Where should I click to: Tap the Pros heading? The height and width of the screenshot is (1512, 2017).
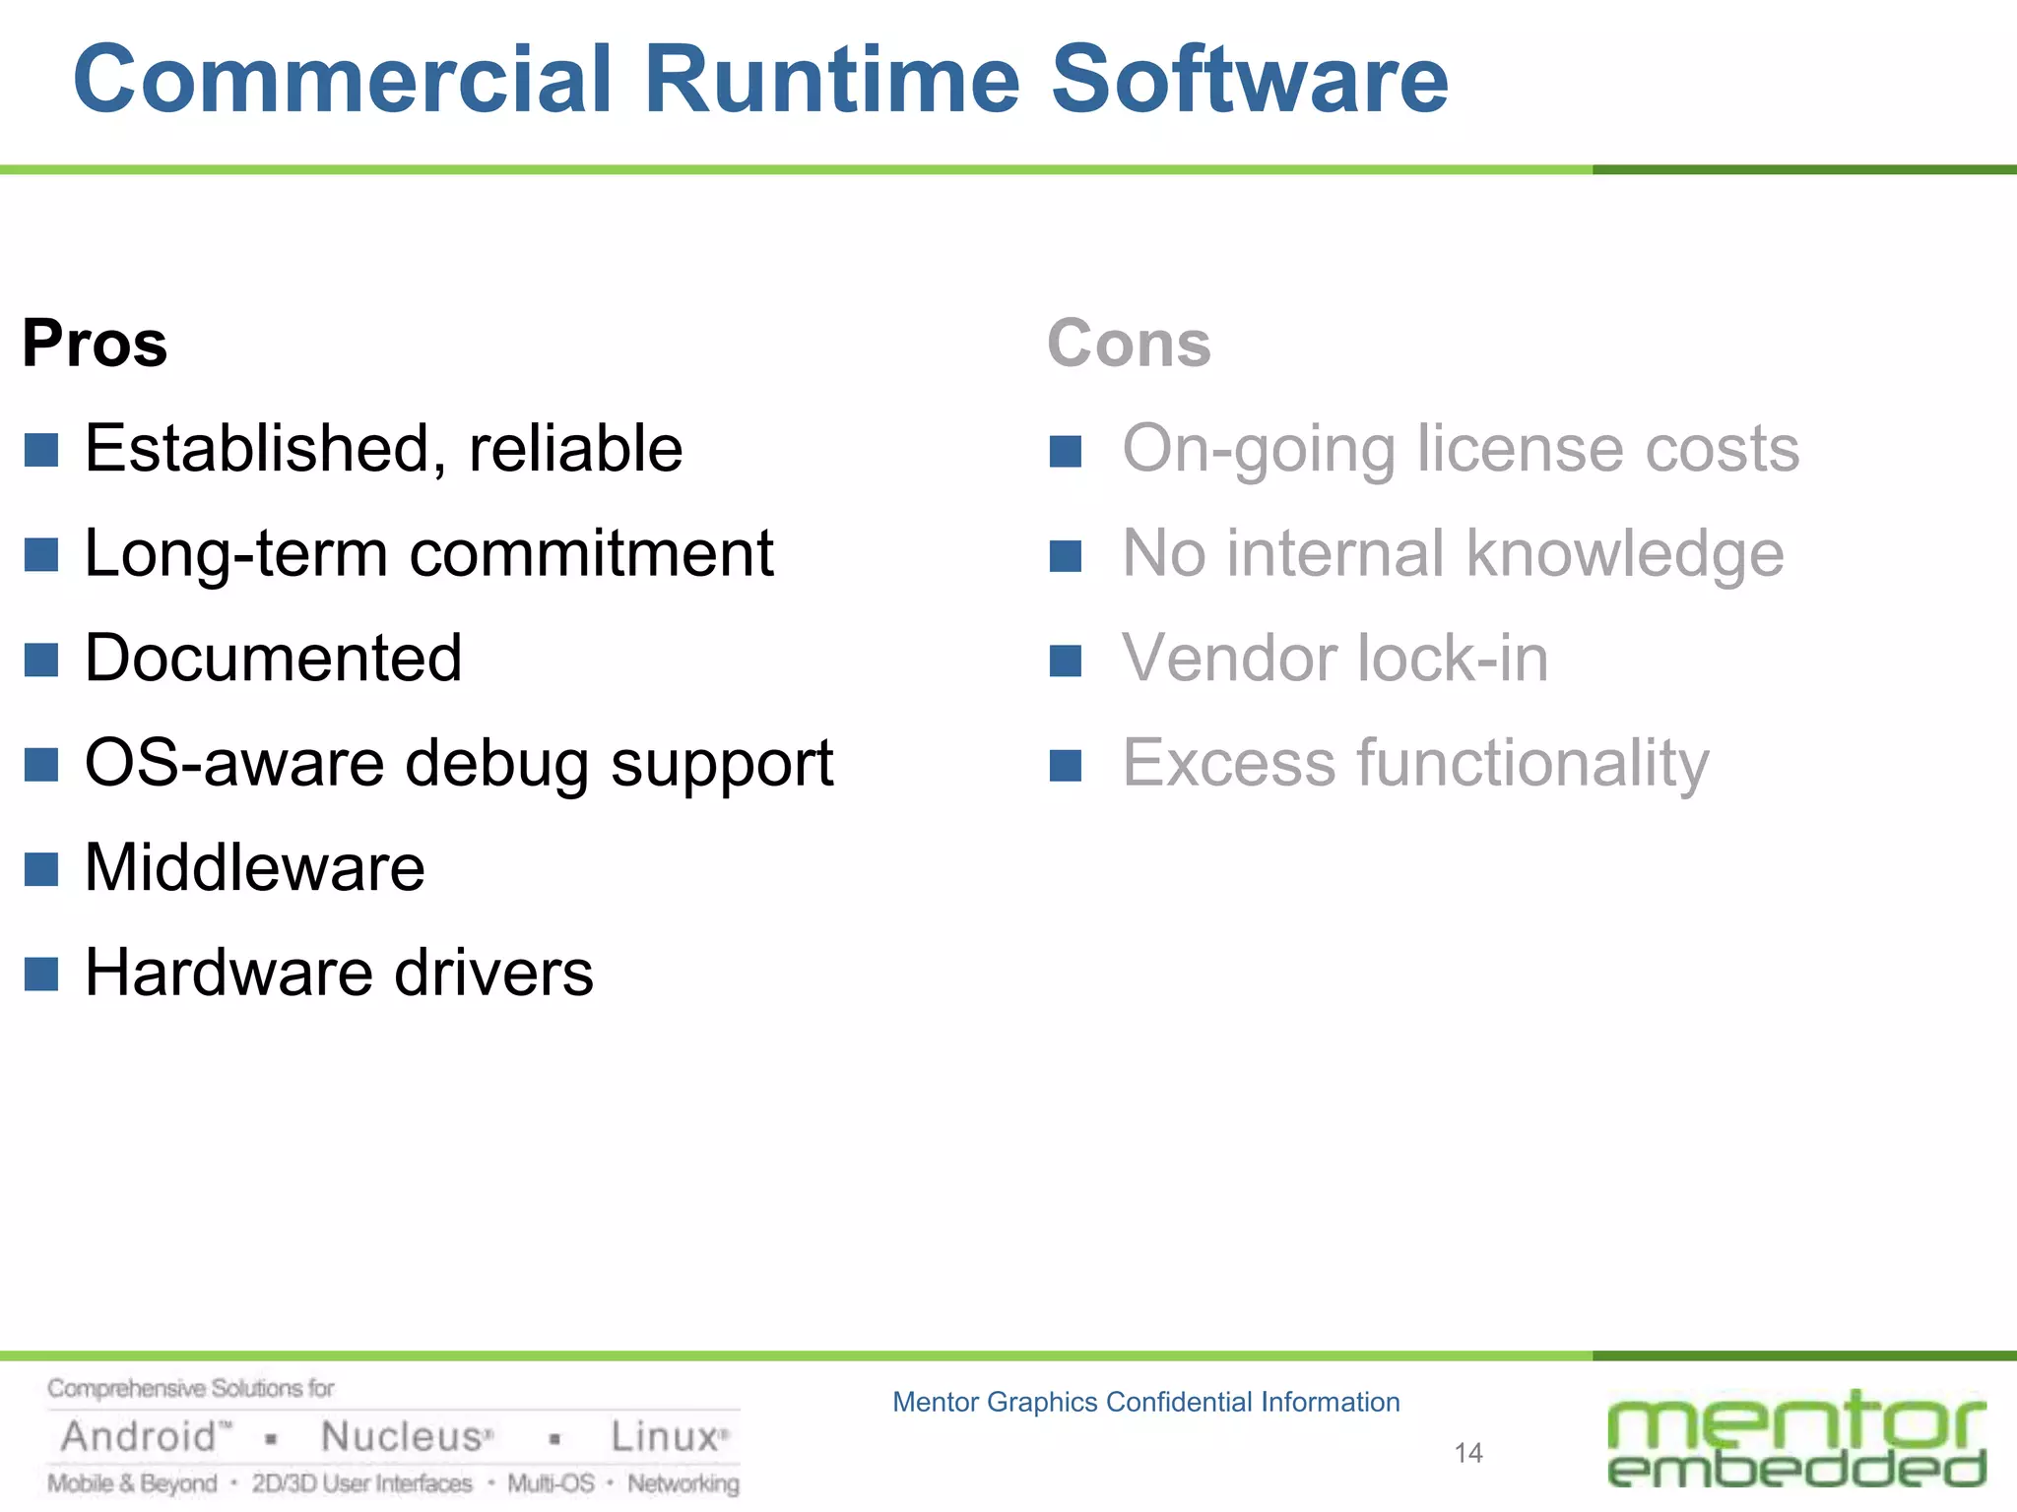(x=95, y=344)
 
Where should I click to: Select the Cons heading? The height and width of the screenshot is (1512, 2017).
(x=1129, y=344)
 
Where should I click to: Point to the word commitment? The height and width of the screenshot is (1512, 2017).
(x=591, y=553)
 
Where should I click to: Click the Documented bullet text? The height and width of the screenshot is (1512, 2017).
(x=273, y=658)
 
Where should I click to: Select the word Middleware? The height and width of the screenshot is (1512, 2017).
(x=254, y=868)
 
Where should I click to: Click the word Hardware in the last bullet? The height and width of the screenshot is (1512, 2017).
(x=228, y=973)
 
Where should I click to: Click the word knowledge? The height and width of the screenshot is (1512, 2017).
(x=1625, y=553)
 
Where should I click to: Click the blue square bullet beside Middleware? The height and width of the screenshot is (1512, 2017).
(x=41, y=869)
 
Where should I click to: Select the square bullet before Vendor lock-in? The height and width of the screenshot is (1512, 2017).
(x=1066, y=661)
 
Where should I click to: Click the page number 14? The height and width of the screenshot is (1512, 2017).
(x=1468, y=1453)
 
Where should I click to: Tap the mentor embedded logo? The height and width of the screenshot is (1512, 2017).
(x=1796, y=1438)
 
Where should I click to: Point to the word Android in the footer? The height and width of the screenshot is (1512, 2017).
(x=138, y=1437)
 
